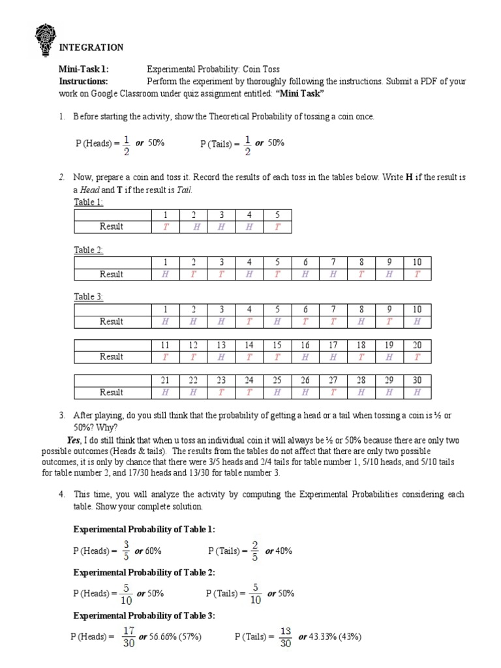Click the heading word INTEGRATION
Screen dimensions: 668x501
pyautogui.click(x=91, y=48)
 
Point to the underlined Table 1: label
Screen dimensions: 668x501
pyautogui.click(x=89, y=202)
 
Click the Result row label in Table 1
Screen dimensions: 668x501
pyautogui.click(x=112, y=226)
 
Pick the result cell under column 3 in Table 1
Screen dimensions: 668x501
pyautogui.click(x=221, y=226)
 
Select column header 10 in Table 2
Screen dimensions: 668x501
pyautogui.click(x=417, y=262)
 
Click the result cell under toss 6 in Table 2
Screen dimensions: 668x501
pyautogui.click(x=305, y=274)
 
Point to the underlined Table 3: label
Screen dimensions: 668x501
pyautogui.click(x=89, y=297)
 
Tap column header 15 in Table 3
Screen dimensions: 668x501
pyautogui.click(x=277, y=344)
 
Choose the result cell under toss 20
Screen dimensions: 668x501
pyautogui.click(x=417, y=357)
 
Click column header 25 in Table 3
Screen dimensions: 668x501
pyautogui.click(x=277, y=380)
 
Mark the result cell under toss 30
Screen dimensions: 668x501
pyautogui.click(x=417, y=392)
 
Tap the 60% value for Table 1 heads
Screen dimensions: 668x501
pyautogui.click(x=153, y=551)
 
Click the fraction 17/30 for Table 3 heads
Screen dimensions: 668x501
pyautogui.click(x=128, y=637)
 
